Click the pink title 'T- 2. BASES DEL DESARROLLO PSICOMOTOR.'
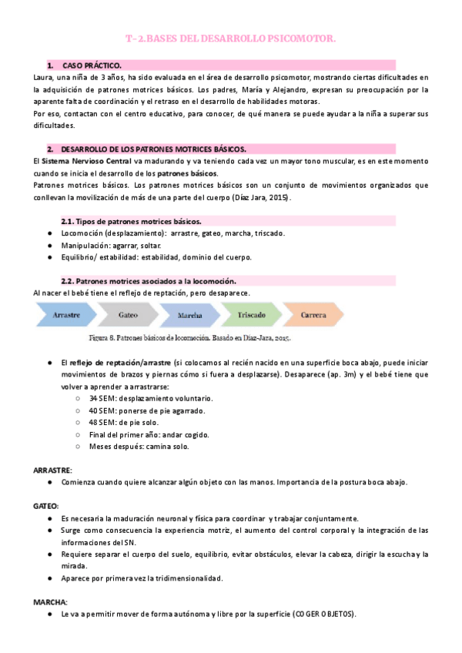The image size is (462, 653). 230,38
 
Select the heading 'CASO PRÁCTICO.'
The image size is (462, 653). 92,66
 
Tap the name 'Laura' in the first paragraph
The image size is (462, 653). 45,78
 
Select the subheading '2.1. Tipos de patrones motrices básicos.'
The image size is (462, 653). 132,221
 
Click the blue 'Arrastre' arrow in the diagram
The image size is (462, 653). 69,316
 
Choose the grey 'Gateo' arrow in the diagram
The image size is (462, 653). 128,316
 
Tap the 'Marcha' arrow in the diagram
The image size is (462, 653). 189,316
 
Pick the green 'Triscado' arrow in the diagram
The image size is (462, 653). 251,316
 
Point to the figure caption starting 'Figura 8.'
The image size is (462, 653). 189,337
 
